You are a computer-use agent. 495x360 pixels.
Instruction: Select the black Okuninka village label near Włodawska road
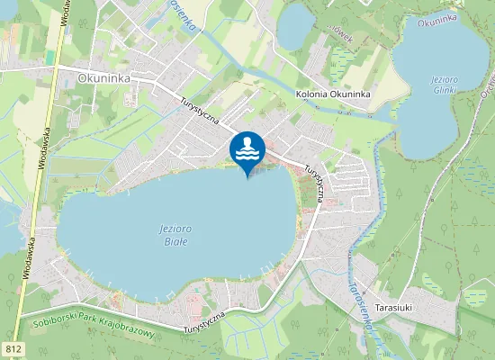[x=104, y=78]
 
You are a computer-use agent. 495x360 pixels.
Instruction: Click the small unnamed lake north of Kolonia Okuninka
[x=294, y=27]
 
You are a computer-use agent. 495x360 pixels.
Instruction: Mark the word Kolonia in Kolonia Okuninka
[x=311, y=94]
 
